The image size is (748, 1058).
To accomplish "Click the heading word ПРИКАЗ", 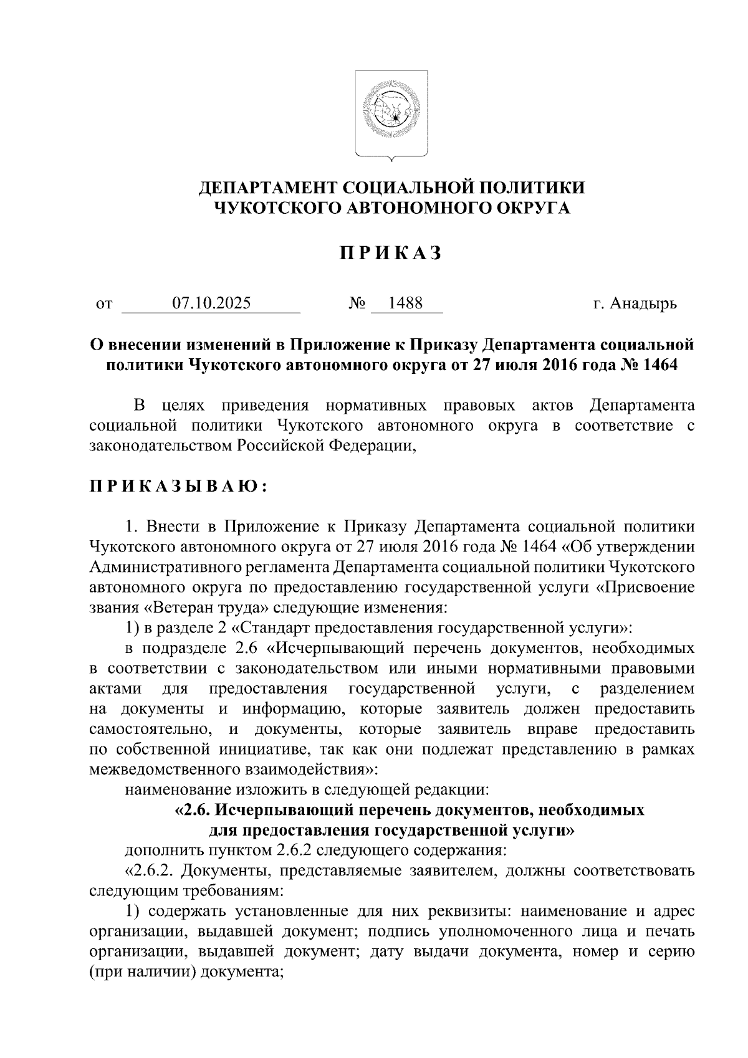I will point(391,253).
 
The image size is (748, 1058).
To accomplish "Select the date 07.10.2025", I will point(212,303).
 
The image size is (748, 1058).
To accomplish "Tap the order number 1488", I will point(405,303).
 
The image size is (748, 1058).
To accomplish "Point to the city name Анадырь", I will point(643,304).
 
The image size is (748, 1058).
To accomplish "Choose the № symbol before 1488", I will point(357,304).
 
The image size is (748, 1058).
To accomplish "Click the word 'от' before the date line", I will point(103,305).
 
